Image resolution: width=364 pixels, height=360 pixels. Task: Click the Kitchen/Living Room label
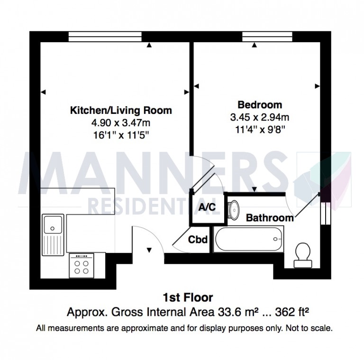pos(121,111)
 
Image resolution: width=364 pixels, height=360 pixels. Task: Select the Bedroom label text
pos(259,105)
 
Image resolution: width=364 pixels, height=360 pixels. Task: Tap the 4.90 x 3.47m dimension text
pos(121,122)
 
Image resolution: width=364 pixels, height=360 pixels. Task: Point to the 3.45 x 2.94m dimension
pos(259,117)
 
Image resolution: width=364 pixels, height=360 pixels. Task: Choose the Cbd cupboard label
pos(198,240)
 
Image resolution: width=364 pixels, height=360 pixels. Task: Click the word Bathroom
pos(269,218)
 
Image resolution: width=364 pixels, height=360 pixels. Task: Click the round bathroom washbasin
pos(234,208)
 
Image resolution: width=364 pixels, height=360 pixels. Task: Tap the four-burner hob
pos(82,266)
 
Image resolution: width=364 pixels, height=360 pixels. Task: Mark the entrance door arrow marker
pos(149,250)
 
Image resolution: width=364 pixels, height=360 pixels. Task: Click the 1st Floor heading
pos(188,298)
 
